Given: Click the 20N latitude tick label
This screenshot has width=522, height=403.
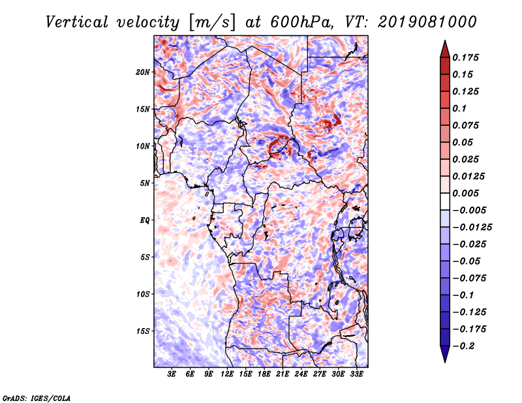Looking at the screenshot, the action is pos(143,72).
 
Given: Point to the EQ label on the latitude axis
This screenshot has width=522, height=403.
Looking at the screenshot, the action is pos(145,220).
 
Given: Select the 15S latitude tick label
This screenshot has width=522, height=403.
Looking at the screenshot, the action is pos(143,331).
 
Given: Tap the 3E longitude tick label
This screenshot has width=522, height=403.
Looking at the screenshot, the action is pos(172,374).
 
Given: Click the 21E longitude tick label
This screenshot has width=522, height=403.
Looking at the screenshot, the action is pos(283,374).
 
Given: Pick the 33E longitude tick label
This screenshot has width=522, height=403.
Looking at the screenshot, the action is pos(356,374).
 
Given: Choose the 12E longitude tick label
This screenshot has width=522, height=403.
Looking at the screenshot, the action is pos(226,374).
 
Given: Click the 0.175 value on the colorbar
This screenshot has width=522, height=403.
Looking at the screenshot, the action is pos(465,57).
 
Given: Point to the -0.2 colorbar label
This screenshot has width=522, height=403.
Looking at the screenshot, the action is pos(463,346).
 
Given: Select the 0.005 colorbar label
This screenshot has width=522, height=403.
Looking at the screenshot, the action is pos(465,193).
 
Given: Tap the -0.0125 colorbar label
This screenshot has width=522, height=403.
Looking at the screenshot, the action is pos(472,228).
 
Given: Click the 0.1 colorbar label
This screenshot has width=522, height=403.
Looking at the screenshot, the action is pos(459,108).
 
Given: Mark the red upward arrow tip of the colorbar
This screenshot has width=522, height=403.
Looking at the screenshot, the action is pos(445,40).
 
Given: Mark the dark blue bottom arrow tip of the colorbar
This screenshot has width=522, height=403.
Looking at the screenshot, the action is pos(445,362).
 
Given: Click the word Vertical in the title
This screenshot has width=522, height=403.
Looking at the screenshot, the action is pos(77,22).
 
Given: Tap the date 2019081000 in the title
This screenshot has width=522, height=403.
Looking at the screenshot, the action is pos(427,22).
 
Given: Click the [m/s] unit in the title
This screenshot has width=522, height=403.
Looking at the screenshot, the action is pos(212,23).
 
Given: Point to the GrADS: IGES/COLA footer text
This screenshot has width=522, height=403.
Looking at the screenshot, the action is pos(37,398).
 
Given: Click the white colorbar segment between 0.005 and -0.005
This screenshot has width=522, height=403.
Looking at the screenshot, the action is pos(445,201).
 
